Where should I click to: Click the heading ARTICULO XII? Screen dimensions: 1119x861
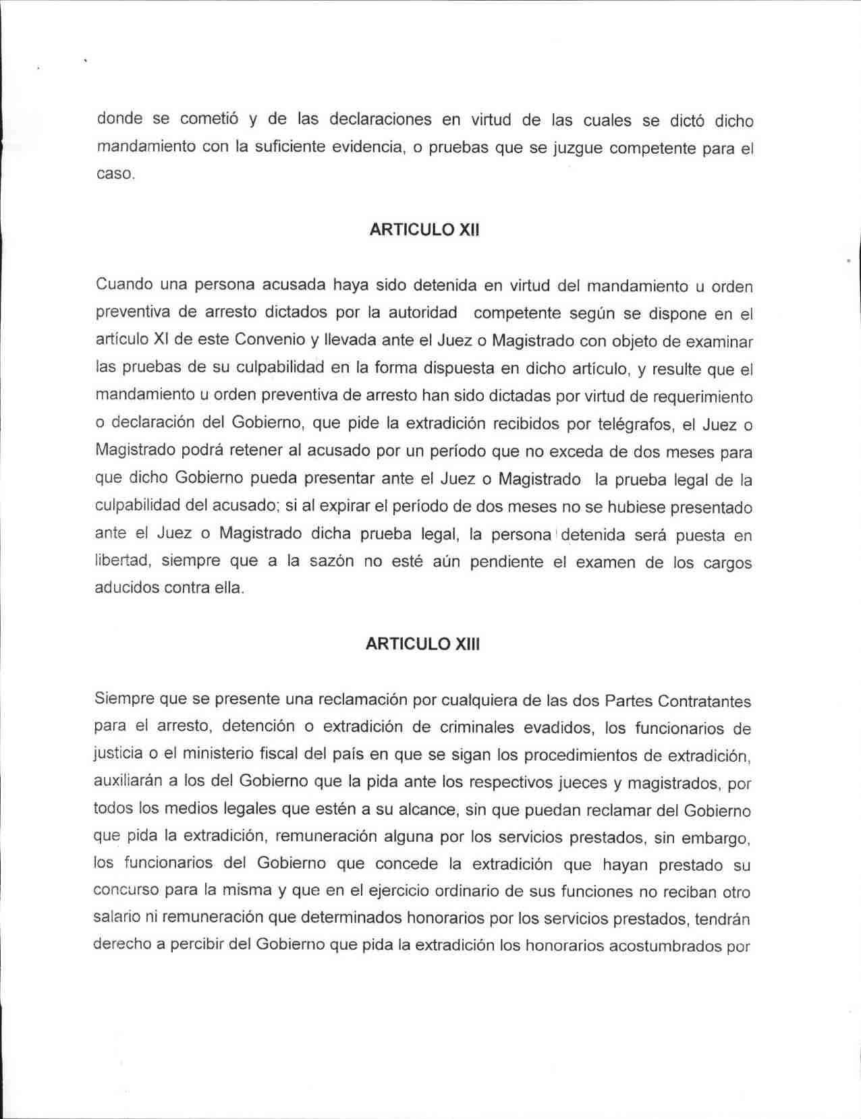[x=424, y=229]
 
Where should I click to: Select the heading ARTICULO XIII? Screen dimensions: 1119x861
[x=422, y=643]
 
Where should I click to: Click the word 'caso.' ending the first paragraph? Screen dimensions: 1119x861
[x=116, y=174]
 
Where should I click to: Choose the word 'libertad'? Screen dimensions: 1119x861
[x=122, y=561]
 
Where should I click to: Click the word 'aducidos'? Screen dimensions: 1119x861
[x=124, y=587]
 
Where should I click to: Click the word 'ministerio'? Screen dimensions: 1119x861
[x=216, y=754]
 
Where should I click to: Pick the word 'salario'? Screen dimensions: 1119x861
[x=116, y=918]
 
